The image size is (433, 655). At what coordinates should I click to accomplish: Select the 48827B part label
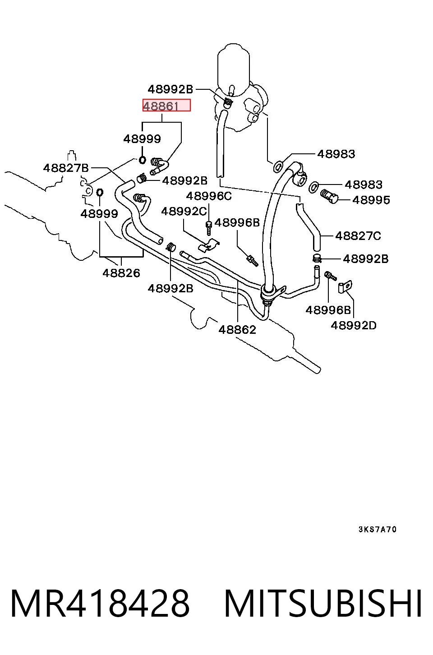click(x=66, y=168)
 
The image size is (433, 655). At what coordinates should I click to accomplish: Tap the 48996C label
click(x=209, y=196)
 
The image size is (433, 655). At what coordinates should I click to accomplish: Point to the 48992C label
click(x=184, y=211)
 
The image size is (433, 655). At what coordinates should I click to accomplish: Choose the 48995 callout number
click(x=371, y=200)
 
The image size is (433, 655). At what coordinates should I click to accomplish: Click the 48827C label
click(x=358, y=235)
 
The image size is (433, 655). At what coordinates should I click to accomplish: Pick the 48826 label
click(x=121, y=273)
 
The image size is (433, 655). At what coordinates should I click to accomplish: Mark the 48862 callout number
click(x=237, y=330)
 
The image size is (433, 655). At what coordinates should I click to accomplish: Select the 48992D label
click(x=354, y=325)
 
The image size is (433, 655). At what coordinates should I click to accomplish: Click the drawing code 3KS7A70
click(x=378, y=530)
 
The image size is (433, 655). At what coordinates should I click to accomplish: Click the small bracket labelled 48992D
click(x=345, y=286)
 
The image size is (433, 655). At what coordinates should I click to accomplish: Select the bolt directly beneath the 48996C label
click(x=208, y=228)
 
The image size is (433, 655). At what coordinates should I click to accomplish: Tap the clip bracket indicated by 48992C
click(x=209, y=245)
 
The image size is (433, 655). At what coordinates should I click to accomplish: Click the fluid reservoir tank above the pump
click(x=234, y=69)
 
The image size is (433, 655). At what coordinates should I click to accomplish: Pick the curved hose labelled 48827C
click(x=308, y=227)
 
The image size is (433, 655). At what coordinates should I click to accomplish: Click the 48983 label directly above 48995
click(x=364, y=185)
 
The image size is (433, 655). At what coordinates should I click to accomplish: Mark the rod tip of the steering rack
click(x=317, y=370)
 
